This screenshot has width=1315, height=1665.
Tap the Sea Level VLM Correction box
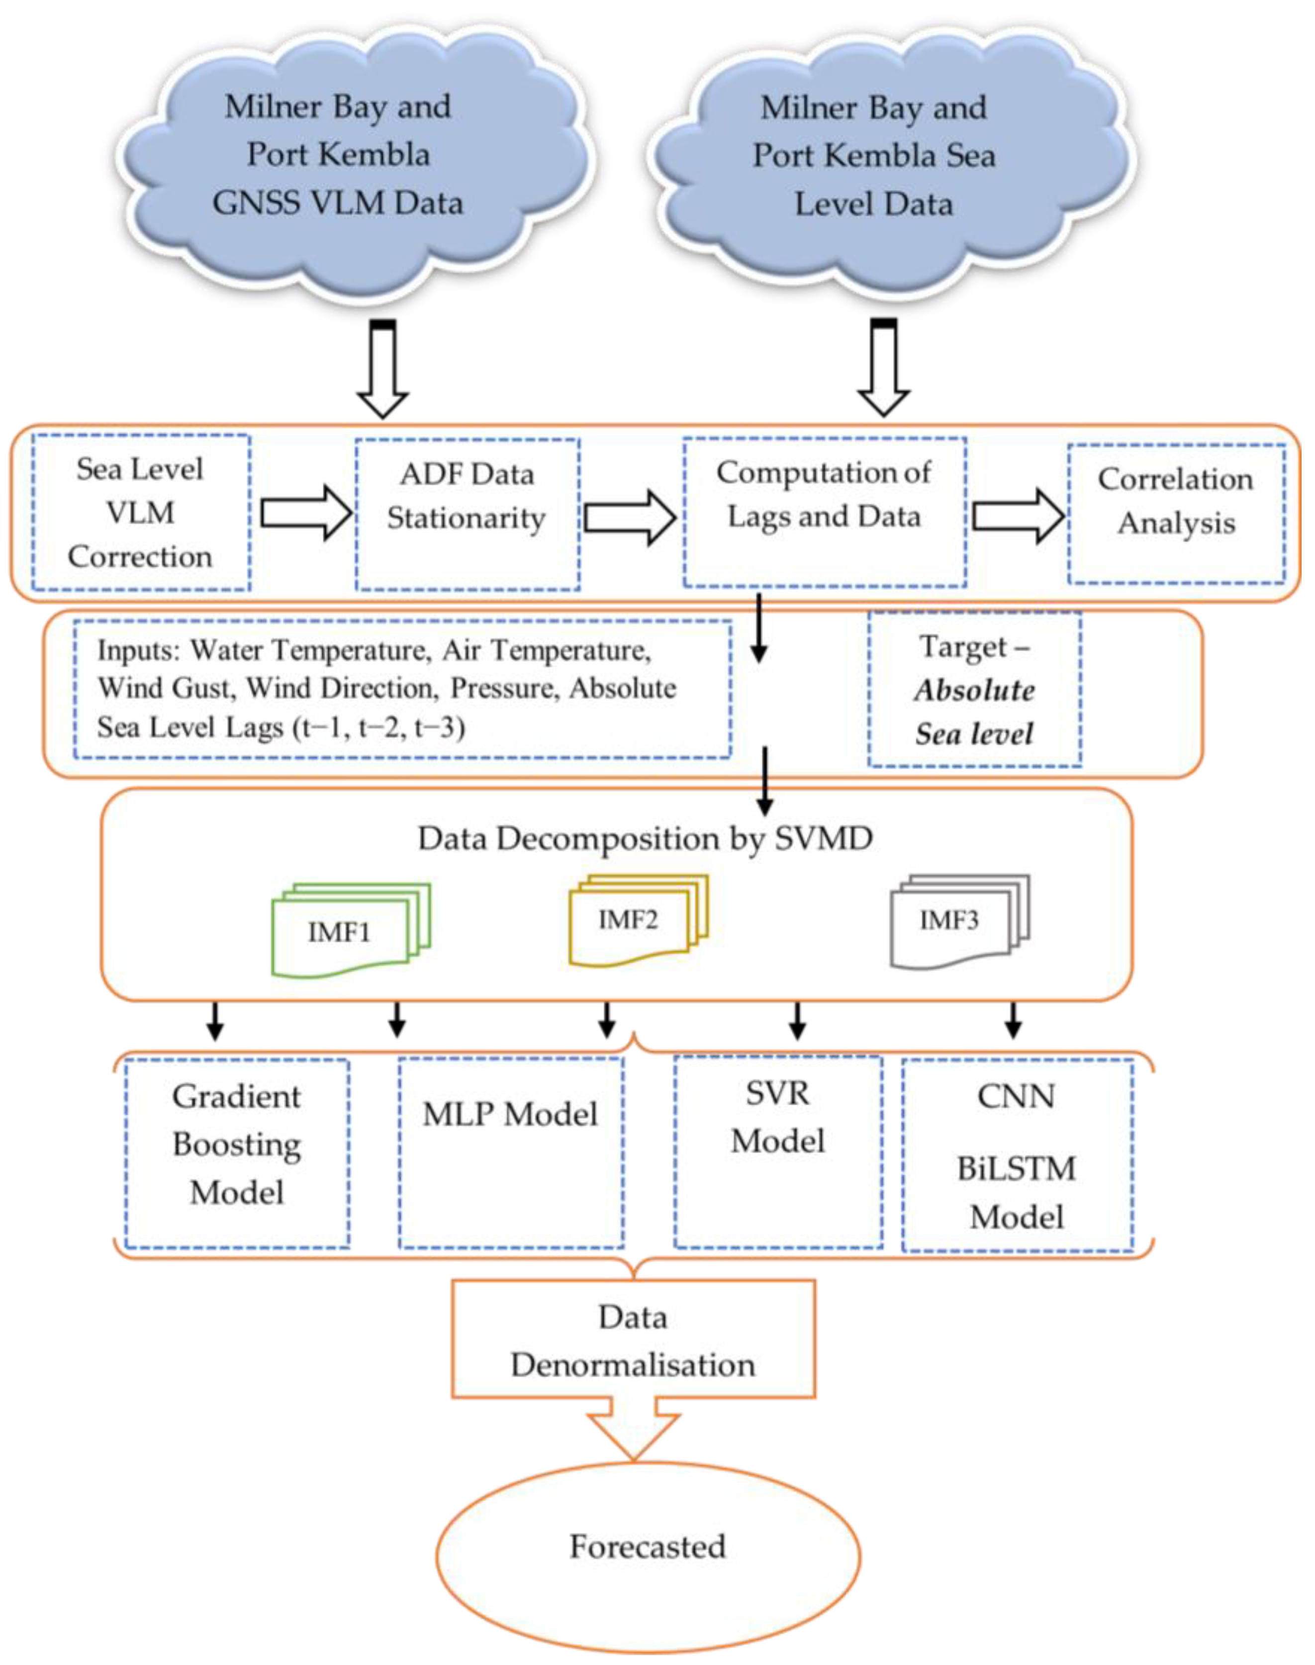141,513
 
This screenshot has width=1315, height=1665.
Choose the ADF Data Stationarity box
468,515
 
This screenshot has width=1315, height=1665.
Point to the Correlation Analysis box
1176,514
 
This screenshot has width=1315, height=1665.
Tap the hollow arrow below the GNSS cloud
382,370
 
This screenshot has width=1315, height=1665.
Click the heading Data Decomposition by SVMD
645,838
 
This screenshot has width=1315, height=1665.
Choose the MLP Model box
510,1153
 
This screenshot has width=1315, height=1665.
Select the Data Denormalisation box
633,1341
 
